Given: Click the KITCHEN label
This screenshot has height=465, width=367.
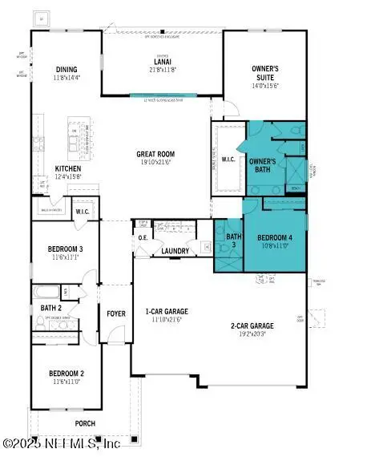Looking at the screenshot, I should pyautogui.click(x=68, y=168).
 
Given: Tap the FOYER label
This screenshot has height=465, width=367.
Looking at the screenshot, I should pyautogui.click(x=115, y=313).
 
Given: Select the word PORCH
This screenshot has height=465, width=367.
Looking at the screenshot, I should pyautogui.click(x=84, y=423).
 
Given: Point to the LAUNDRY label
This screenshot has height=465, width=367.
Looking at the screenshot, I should pyautogui.click(x=175, y=251).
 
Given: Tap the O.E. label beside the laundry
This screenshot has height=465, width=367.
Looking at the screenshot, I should pyautogui.click(x=143, y=237).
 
